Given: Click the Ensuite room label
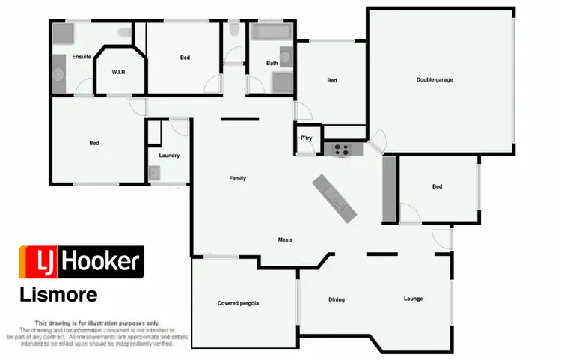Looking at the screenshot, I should point(82,57).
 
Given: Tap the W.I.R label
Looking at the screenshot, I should point(118,72).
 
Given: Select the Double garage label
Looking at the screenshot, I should point(435,79).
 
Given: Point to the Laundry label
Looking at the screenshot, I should point(168,156).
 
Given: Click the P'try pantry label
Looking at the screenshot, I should point(306,138).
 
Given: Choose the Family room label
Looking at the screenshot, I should point(237,178).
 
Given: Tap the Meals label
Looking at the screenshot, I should point(285,240).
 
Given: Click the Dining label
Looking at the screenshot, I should point(337,299).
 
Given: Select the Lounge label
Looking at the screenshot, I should point(413,299).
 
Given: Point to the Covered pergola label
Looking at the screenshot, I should point(238,303).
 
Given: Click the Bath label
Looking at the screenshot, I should point(272,64).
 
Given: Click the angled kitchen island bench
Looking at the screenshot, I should point(334,198).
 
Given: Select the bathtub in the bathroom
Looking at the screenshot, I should point(271,33).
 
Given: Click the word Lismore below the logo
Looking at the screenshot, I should point(58,295).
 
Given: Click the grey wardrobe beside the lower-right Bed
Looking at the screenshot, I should point(389,190).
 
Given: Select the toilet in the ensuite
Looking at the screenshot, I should point(123,31).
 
